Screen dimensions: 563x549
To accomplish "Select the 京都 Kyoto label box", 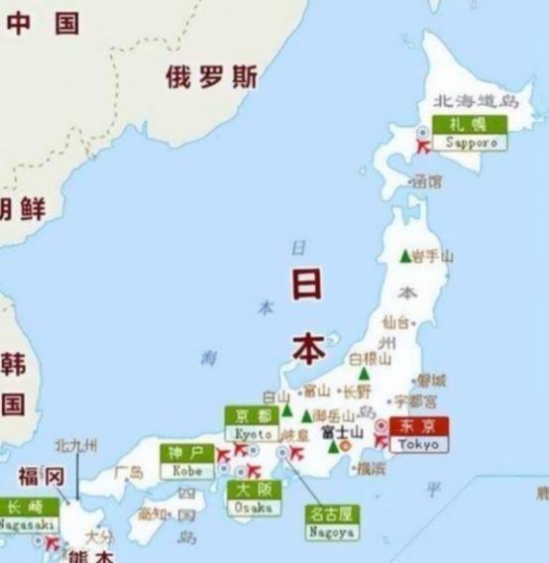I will tap(253, 424).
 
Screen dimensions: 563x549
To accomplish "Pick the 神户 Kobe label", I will tap(187, 461).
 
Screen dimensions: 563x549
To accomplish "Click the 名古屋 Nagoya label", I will tap(332, 522).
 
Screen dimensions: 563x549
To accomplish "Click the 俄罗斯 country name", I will tap(211, 77).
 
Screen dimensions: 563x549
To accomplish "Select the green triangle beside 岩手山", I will tap(404, 256).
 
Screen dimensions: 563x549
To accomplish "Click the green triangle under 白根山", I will tap(364, 375).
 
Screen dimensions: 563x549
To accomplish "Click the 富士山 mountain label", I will tap(336, 433).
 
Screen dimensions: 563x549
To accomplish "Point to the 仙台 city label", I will tap(394, 323).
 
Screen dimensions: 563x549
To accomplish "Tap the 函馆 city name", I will tap(427, 181).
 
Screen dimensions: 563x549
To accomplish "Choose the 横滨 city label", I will tap(371, 467).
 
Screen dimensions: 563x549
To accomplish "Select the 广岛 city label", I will tap(129, 473).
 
